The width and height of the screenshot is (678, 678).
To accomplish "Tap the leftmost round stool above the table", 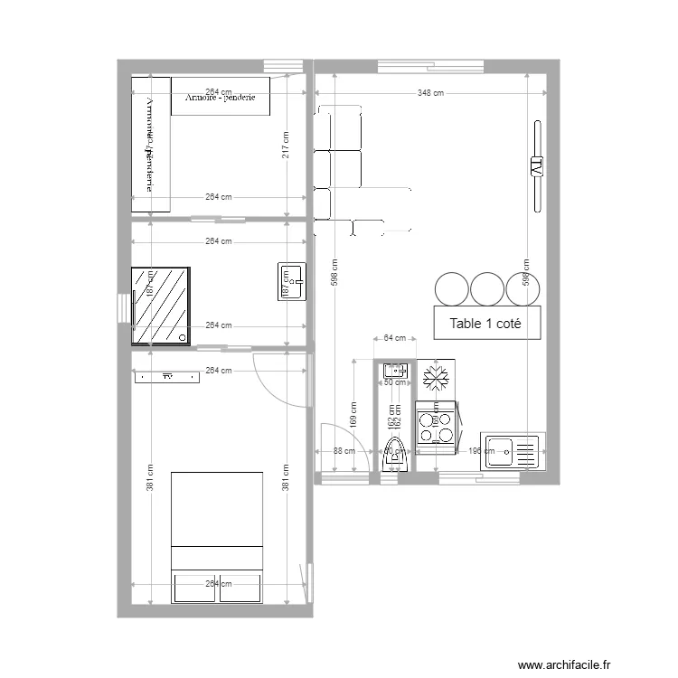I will click(451, 288).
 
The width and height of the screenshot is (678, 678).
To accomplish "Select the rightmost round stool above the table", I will click(523, 288).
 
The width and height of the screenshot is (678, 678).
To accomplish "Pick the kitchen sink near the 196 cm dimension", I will click(512, 449).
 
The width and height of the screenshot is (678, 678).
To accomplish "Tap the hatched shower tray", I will click(161, 306).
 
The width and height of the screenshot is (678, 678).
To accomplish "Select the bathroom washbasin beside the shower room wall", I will click(292, 281).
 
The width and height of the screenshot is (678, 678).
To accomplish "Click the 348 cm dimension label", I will click(431, 93).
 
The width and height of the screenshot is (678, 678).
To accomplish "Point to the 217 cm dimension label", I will click(286, 146).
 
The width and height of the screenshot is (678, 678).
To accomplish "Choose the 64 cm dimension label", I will click(395, 338).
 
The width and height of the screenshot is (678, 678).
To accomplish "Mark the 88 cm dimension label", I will click(344, 451).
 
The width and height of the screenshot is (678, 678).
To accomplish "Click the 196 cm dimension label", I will click(468, 451).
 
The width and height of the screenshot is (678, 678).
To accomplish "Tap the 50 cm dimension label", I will click(395, 383).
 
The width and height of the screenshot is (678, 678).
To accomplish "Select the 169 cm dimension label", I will click(353, 415).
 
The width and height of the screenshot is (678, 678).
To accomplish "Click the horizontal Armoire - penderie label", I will click(221, 98).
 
